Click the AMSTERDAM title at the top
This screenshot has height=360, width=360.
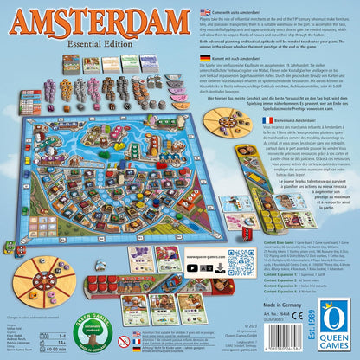coord(102,18)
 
